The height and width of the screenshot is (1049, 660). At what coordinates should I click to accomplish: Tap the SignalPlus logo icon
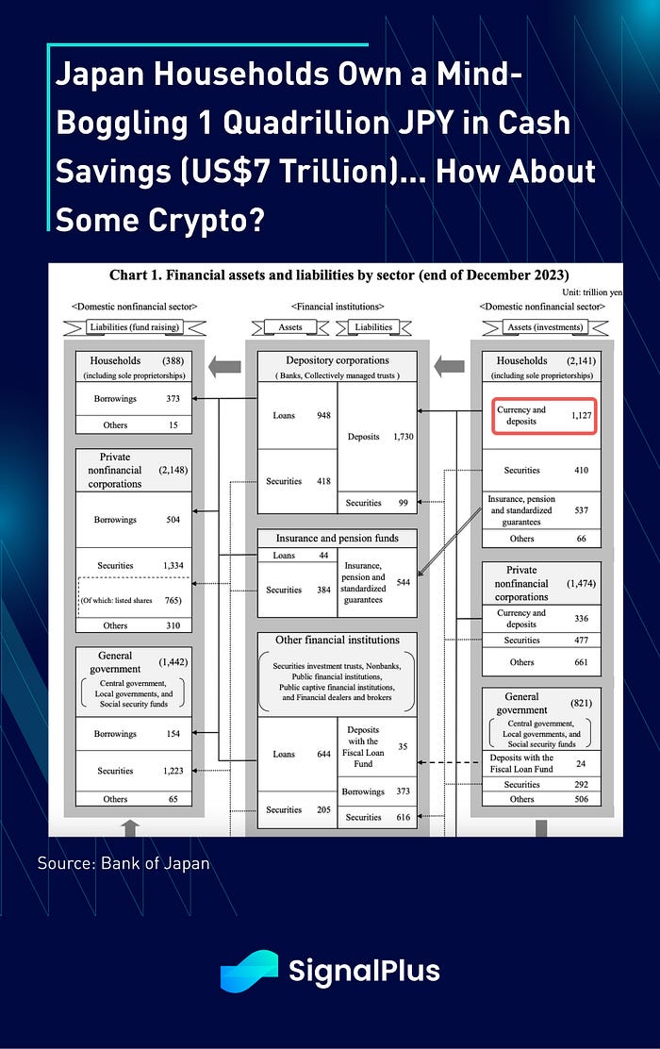coord(249,971)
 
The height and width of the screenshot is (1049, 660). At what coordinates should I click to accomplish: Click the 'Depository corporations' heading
coord(337,360)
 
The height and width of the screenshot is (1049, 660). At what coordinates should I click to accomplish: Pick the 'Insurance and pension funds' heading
coord(337,538)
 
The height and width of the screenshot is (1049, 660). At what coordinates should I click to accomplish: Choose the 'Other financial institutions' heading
coord(337,640)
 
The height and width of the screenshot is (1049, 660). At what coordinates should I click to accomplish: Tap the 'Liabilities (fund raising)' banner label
coord(134,326)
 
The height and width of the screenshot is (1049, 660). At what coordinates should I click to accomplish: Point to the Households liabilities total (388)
coord(173,360)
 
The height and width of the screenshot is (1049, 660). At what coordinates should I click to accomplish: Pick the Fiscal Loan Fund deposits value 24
coord(581,763)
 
